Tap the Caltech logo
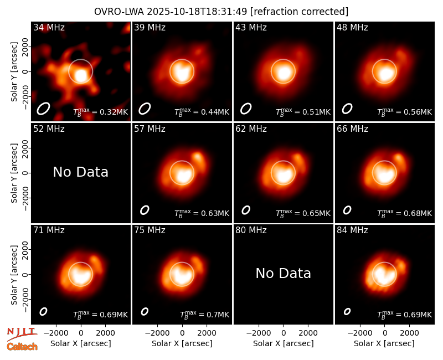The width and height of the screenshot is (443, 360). pyautogui.click(x=22, y=347)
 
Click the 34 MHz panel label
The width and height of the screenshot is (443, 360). pyautogui.click(x=49, y=27)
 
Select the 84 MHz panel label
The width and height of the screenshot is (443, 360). pyautogui.click(x=352, y=230)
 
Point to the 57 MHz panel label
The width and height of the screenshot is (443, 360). pyautogui.click(x=150, y=129)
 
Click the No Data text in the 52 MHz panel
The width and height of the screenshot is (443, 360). pyautogui.click(x=81, y=172)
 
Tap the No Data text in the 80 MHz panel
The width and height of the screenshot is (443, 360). pyautogui.click(x=284, y=274)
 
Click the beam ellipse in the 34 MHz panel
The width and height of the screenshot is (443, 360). pyautogui.click(x=43, y=109)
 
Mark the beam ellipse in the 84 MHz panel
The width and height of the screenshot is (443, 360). pyautogui.click(x=347, y=311)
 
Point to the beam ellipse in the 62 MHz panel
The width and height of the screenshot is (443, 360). pyautogui.click(x=246, y=210)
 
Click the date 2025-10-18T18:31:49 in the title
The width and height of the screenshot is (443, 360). pyautogui.click(x=197, y=12)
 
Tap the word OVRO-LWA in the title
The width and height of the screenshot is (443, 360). pyautogui.click(x=119, y=12)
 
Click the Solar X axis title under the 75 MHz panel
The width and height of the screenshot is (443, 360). pyautogui.click(x=182, y=343)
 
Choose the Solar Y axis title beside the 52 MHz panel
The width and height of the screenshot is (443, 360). pyautogui.click(x=14, y=173)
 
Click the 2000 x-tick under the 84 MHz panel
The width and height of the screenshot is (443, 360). pyautogui.click(x=409, y=333)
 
